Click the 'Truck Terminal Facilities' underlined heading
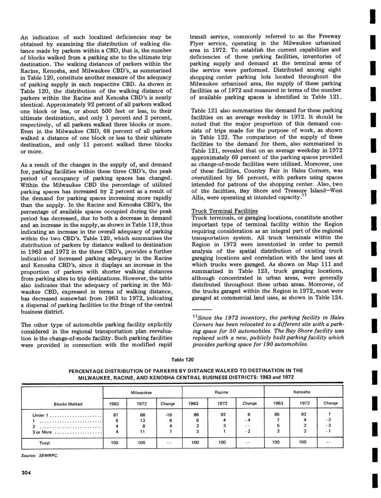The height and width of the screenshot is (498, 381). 225,211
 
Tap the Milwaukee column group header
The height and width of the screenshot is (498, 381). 141,392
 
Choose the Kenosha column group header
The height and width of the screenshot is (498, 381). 302,392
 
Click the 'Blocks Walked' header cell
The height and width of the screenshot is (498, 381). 68,404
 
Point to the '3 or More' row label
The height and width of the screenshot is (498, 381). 43,432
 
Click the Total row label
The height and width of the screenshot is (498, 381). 44,443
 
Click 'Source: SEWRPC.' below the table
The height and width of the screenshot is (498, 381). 40,455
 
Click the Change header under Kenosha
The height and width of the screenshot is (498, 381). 331,403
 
